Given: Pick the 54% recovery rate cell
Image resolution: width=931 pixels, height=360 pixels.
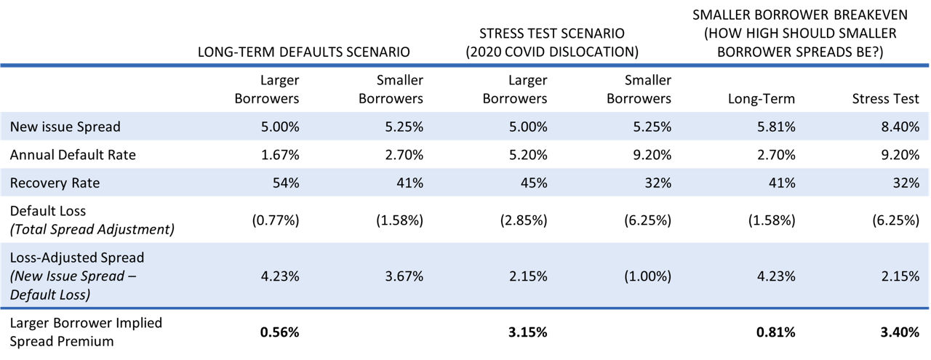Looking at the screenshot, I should (283, 183).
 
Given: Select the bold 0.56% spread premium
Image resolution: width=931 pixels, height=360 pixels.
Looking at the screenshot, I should (280, 332).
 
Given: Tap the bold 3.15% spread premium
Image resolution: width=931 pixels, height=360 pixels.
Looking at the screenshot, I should (528, 332).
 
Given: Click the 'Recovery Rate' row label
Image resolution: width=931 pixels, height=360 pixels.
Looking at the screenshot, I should (55, 183).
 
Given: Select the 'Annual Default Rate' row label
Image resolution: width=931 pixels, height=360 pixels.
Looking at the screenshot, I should (72, 155).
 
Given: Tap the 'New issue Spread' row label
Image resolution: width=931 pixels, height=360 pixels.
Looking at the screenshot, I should (65, 127).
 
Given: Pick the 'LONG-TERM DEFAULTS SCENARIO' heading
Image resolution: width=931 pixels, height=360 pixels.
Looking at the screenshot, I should (303, 52).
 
